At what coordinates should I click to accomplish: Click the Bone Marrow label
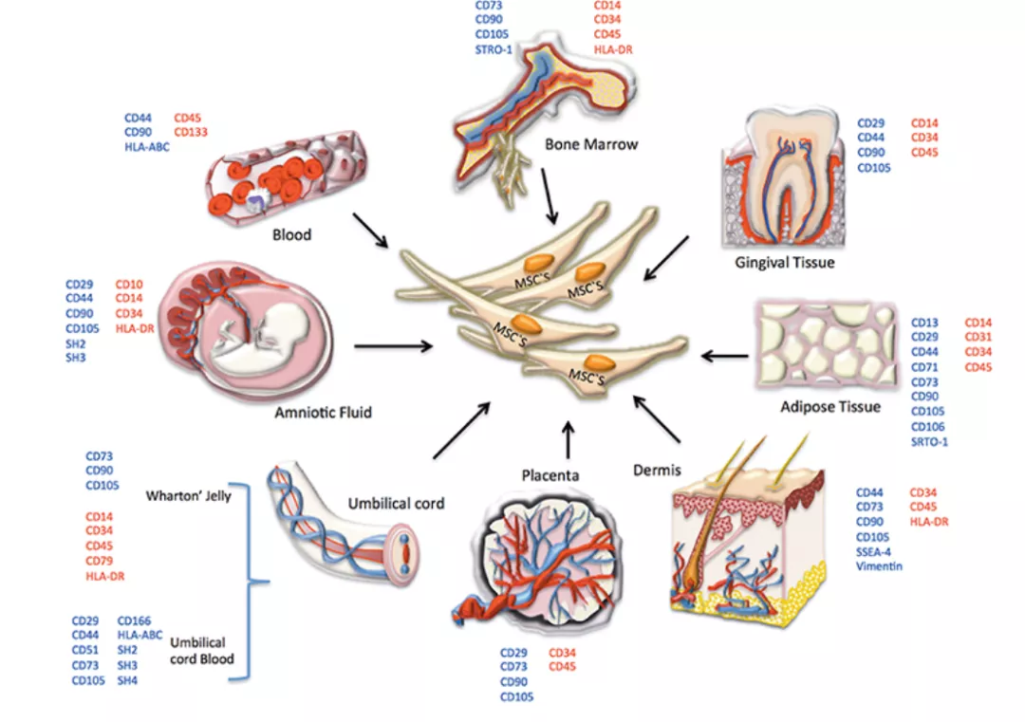pyautogui.click(x=591, y=145)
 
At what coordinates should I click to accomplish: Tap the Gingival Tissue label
pyautogui.click(x=785, y=262)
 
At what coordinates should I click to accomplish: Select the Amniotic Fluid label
pyautogui.click(x=323, y=413)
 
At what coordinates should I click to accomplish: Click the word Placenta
pyautogui.click(x=550, y=473)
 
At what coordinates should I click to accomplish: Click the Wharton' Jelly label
pyautogui.click(x=190, y=495)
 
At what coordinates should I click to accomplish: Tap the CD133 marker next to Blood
pyautogui.click(x=191, y=133)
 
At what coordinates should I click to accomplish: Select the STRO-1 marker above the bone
pyautogui.click(x=494, y=50)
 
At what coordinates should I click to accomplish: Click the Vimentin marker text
pyautogui.click(x=879, y=566)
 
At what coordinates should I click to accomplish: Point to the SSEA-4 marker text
pyautogui.click(x=874, y=552)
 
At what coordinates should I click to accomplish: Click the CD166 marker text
pyautogui.click(x=134, y=621)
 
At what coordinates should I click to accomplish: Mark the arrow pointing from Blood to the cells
pyautogui.click(x=370, y=231)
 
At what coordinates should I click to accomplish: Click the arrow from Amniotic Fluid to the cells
pyautogui.click(x=393, y=347)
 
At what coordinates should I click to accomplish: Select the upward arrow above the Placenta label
pyautogui.click(x=568, y=437)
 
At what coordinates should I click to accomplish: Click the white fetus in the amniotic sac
pyautogui.click(x=252, y=338)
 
